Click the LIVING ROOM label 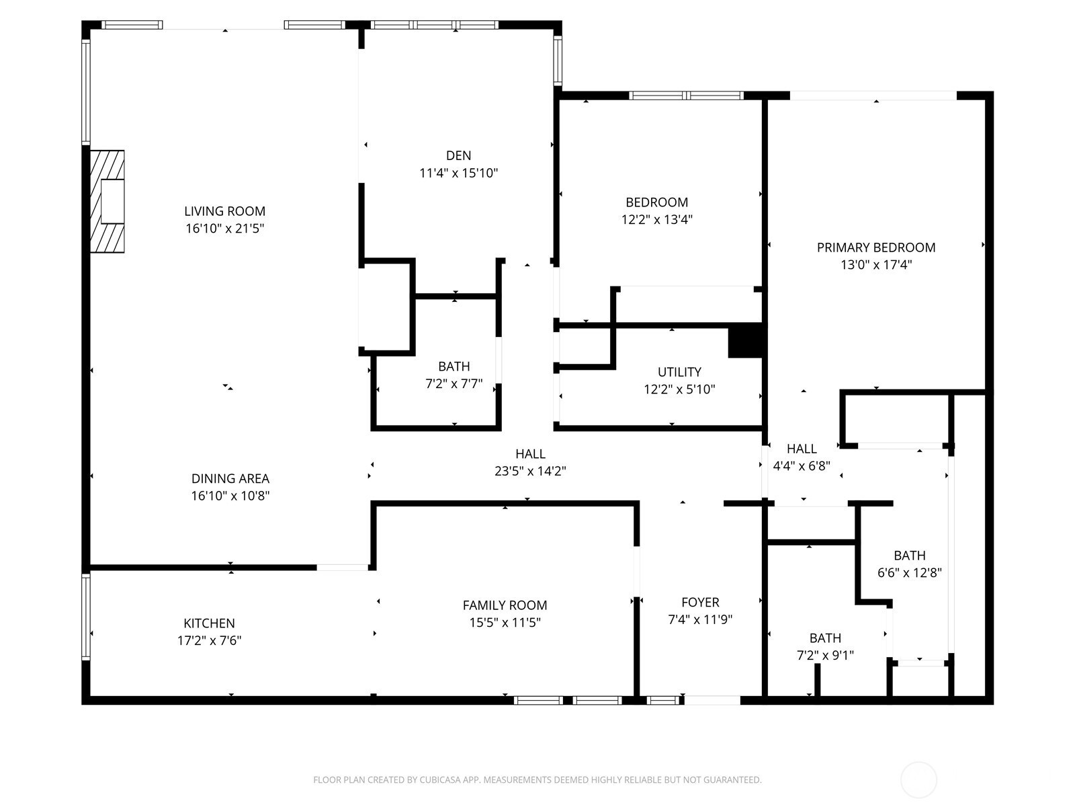point(225,211)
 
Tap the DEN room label point(458,156)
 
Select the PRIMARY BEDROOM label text point(876,247)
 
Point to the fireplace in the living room point(107,201)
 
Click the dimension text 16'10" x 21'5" point(225,229)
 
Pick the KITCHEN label point(209,623)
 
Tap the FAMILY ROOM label point(505,605)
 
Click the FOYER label point(700,602)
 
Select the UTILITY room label point(679,372)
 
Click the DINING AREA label point(230,478)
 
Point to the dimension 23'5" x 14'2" point(530,471)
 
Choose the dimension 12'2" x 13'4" point(656,219)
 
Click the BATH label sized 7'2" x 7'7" point(454,367)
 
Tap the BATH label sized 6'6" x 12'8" point(910,555)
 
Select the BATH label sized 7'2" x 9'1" point(825,638)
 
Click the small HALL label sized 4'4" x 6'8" point(802,449)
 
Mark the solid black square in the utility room point(745,340)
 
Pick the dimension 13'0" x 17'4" point(876,265)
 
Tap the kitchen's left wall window point(86,617)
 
